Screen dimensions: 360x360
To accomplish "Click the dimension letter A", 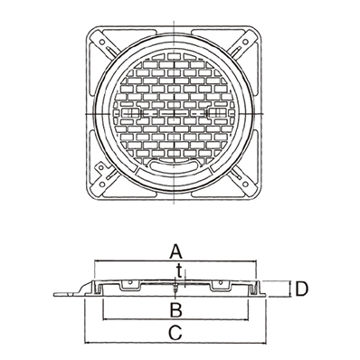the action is click(x=176, y=252).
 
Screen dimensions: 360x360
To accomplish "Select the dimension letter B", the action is click(x=175, y=310).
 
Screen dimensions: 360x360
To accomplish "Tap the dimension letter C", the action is click(x=175, y=334).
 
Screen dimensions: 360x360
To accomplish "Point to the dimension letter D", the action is click(x=302, y=289).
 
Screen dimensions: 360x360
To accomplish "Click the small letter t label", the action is click(x=179, y=270).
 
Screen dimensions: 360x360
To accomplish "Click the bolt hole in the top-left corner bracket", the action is click(x=101, y=42).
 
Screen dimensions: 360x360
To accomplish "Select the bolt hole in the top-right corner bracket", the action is click(x=246, y=42).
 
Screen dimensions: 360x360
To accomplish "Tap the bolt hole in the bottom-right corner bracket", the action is click(x=246, y=184).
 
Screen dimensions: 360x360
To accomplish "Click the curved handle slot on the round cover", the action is click(x=175, y=166).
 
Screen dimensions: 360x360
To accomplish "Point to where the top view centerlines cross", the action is click(x=174, y=114).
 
